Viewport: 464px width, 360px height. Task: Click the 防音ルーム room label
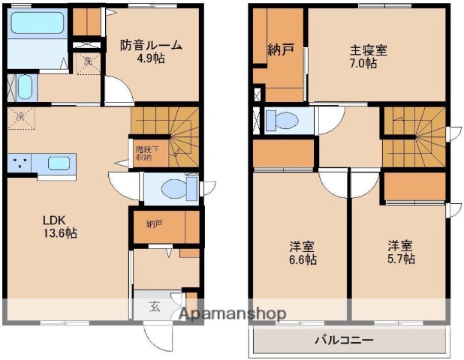coord(151,45)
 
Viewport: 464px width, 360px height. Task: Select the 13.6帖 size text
coord(59,232)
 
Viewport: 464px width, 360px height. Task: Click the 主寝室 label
coord(368,51)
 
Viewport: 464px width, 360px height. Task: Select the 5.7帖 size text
coord(401,259)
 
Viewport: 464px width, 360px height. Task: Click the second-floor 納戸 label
coord(280,51)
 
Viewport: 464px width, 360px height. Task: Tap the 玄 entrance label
coord(154,306)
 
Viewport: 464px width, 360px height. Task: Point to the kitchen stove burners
coord(21,162)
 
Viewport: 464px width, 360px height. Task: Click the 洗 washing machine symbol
coord(89,61)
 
